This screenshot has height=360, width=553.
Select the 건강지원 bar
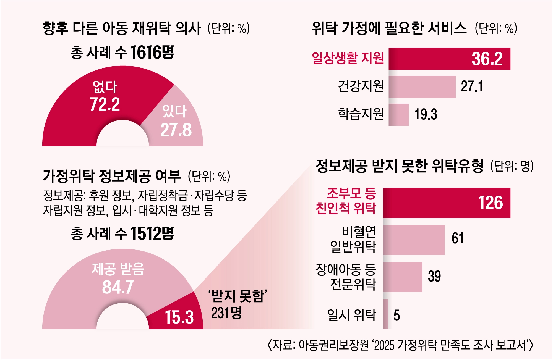pyautogui.click(x=422, y=87)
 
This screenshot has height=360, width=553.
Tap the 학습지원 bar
pyautogui.click(x=398, y=115)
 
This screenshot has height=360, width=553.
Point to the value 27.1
pyautogui.click(x=472, y=86)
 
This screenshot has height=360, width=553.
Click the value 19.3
pyautogui.click(x=426, y=115)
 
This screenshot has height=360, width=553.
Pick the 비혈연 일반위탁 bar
pyautogui.click(x=414, y=240)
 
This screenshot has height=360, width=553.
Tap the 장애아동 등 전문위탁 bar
pyautogui.click(x=403, y=277)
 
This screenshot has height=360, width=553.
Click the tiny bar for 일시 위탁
pyautogui.click(x=385, y=314)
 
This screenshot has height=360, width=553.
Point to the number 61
pyautogui.click(x=458, y=238)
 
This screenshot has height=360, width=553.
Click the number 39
pyautogui.click(x=434, y=276)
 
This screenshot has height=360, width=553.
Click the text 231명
pyautogui.click(x=226, y=313)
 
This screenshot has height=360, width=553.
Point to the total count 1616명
pyautogui.click(x=152, y=52)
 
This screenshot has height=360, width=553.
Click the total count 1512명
pyautogui.click(x=152, y=233)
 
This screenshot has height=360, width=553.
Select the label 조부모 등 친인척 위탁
pyautogui.click(x=346, y=201)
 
